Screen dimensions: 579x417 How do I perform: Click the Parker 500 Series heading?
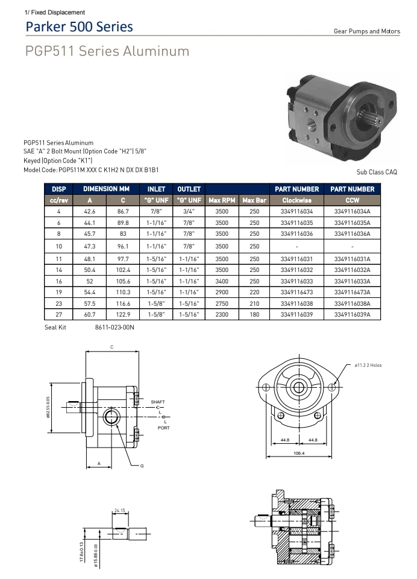tap(79, 27)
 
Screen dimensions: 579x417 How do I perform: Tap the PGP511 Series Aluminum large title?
tap(107, 51)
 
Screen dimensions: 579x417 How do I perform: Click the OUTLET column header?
tap(189, 189)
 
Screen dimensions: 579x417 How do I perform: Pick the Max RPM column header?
tap(222, 200)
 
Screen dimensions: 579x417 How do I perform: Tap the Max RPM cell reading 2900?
tap(222, 292)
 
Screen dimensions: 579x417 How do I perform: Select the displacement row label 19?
tap(58, 292)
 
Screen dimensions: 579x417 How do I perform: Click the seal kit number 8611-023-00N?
tap(114, 327)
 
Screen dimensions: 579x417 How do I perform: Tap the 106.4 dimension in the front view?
tap(299, 452)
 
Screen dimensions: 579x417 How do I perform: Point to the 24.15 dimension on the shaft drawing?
tap(119, 511)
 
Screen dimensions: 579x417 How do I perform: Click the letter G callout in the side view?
tap(142, 466)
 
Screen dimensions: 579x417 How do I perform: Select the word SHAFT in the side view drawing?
tap(158, 402)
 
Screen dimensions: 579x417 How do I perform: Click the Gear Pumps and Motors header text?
tap(366, 31)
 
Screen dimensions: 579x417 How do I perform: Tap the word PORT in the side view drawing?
tap(163, 428)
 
